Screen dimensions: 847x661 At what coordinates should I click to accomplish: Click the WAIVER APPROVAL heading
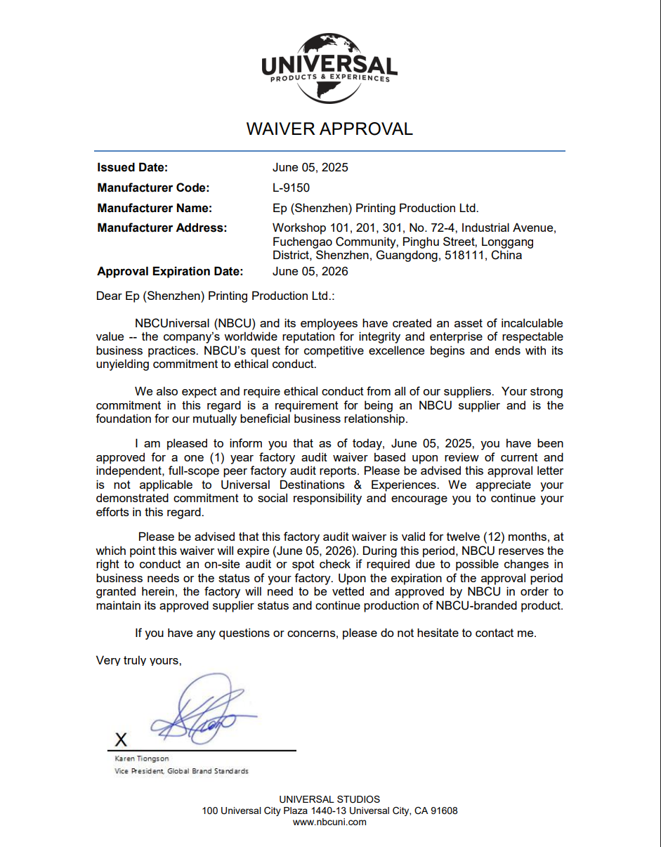point(329,129)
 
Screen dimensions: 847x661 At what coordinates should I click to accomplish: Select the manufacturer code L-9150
point(291,188)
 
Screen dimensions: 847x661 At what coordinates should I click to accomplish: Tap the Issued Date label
point(133,167)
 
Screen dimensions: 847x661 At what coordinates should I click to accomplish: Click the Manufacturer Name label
point(155,208)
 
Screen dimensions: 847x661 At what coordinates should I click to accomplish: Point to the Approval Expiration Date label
point(170,271)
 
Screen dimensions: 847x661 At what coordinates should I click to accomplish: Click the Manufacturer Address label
point(162,228)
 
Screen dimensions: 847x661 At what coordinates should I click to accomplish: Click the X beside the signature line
point(122,739)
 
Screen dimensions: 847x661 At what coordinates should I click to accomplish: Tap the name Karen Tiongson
point(142,759)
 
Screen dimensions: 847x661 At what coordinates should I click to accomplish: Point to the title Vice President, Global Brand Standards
point(181,771)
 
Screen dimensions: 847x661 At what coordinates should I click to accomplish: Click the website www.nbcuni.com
point(329,822)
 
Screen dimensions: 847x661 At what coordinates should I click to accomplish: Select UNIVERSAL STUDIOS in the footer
point(329,799)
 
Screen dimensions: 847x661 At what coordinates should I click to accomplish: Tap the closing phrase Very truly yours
point(138,660)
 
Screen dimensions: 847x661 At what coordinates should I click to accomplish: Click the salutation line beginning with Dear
point(215,296)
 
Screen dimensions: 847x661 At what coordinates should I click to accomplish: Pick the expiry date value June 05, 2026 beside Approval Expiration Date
point(310,271)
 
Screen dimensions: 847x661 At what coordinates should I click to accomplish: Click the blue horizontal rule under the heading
point(329,150)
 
